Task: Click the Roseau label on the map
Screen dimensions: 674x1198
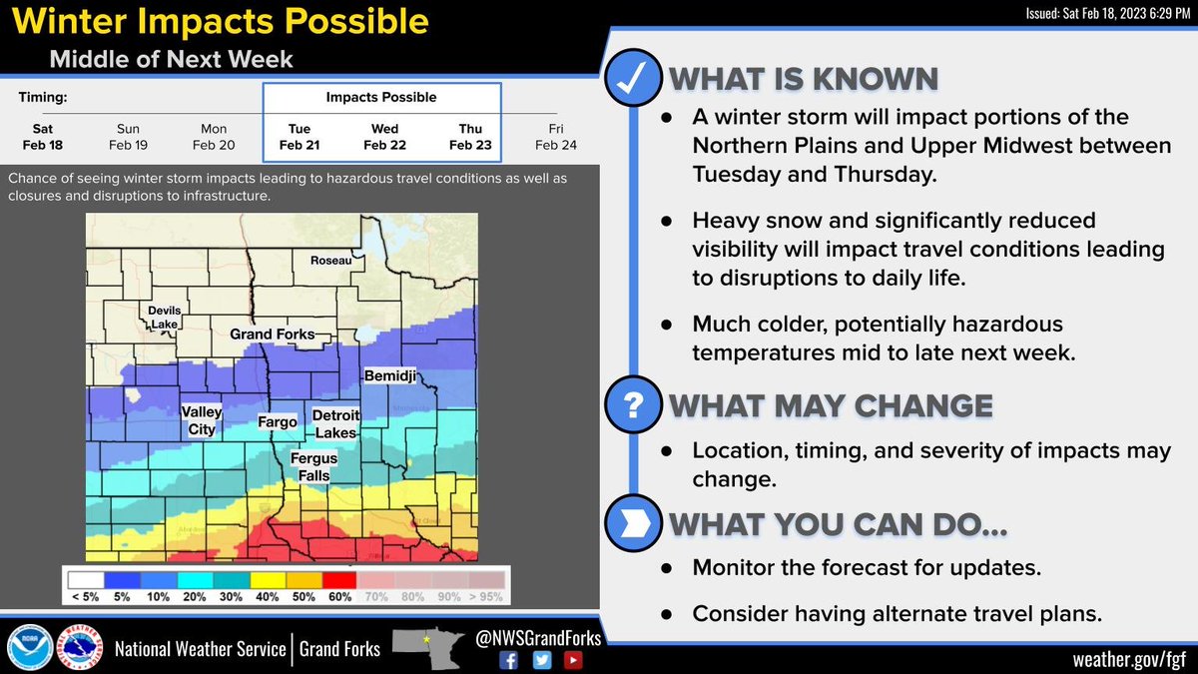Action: click(330, 260)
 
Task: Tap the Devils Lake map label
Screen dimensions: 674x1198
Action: click(165, 317)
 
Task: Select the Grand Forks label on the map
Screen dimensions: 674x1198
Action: click(272, 334)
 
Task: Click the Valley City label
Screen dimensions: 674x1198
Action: click(199, 420)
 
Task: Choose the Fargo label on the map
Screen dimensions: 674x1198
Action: click(277, 422)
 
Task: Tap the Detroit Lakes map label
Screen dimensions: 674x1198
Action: click(334, 423)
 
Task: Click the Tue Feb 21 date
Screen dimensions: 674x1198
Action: click(299, 137)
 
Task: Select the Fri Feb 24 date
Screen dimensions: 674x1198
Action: click(555, 137)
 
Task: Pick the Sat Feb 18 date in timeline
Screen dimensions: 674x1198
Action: click(43, 137)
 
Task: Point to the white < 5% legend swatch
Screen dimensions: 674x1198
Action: click(86, 579)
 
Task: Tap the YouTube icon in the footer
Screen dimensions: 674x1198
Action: click(572, 659)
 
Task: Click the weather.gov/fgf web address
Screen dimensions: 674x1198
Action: click(1128, 659)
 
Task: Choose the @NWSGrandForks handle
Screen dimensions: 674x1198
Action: click(539, 637)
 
